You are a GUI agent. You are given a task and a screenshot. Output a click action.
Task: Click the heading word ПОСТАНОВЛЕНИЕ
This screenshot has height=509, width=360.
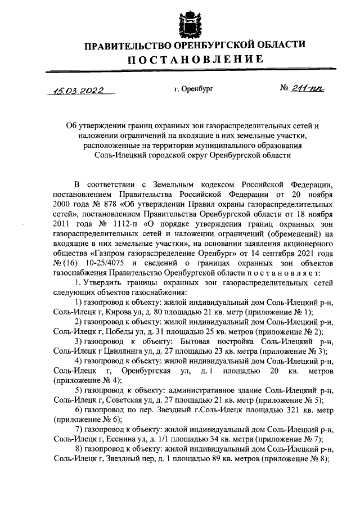tap(195, 59)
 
